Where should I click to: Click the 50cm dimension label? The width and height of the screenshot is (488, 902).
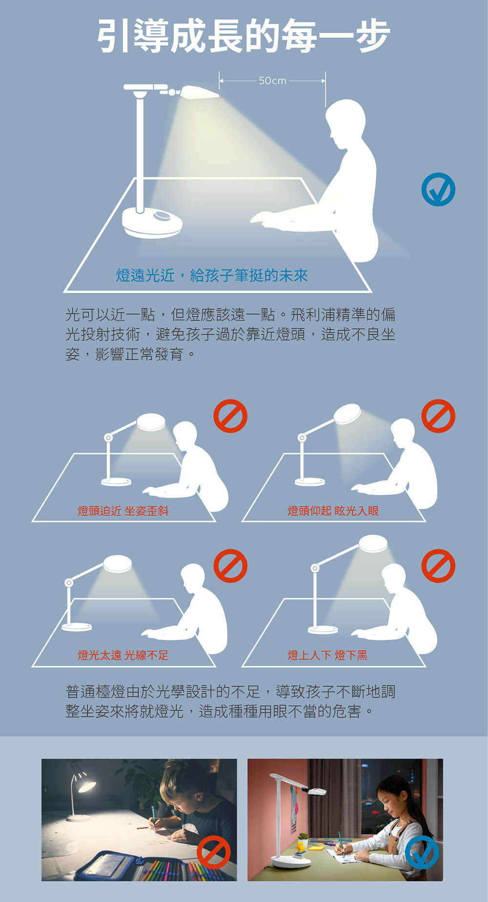(x=272, y=80)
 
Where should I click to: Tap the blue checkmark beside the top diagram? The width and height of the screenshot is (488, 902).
(x=438, y=189)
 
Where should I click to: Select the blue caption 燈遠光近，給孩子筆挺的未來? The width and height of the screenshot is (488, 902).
(x=212, y=275)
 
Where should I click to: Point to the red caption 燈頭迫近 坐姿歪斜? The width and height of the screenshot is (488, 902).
(x=123, y=511)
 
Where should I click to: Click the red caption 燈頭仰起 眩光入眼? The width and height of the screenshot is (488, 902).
(x=333, y=511)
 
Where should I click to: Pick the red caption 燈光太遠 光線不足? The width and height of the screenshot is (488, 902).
(x=123, y=655)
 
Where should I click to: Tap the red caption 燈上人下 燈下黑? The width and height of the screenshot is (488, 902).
(x=327, y=655)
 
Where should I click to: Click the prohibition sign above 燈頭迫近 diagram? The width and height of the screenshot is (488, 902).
(x=230, y=416)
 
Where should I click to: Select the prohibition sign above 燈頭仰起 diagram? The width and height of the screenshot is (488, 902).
(x=438, y=416)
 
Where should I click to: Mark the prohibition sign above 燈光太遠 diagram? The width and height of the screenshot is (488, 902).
(x=230, y=566)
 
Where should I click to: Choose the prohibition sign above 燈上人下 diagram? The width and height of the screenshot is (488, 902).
(x=438, y=566)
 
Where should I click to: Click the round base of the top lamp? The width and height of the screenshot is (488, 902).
(x=152, y=223)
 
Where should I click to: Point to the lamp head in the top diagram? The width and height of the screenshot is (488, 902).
(x=200, y=92)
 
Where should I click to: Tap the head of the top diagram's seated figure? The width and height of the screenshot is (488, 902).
(x=345, y=122)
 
